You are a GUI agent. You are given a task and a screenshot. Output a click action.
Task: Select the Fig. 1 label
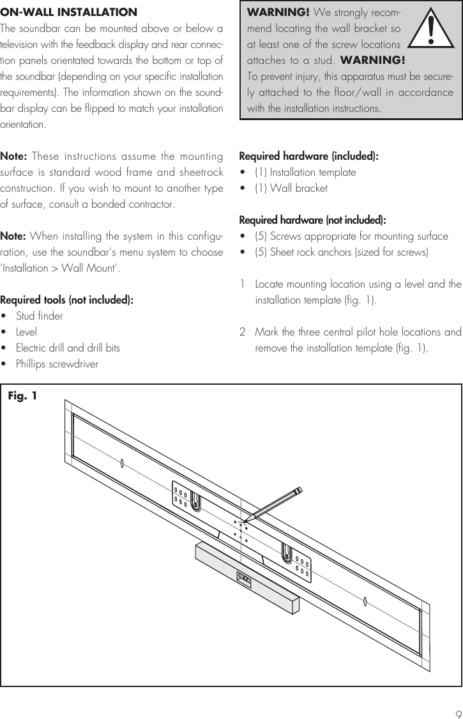[x=22, y=396]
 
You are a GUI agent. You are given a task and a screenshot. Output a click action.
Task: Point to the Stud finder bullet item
[x=39, y=316]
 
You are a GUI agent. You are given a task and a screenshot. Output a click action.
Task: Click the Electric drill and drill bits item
[x=67, y=348]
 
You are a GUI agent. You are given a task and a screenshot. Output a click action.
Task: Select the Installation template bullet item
[x=305, y=172]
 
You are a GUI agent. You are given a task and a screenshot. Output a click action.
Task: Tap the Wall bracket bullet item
[x=291, y=189]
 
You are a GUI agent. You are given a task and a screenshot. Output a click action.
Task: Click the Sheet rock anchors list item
[x=342, y=252]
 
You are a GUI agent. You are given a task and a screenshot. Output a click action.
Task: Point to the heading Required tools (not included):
[x=67, y=300]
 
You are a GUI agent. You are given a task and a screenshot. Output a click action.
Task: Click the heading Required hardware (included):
[x=308, y=156]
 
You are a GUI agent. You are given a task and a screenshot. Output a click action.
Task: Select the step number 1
[x=243, y=284]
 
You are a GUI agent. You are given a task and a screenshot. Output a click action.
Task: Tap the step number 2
[x=243, y=332]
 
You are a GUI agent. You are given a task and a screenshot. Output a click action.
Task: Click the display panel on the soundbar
[x=243, y=579]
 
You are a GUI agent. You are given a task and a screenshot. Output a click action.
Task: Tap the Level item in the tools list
[x=26, y=332]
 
